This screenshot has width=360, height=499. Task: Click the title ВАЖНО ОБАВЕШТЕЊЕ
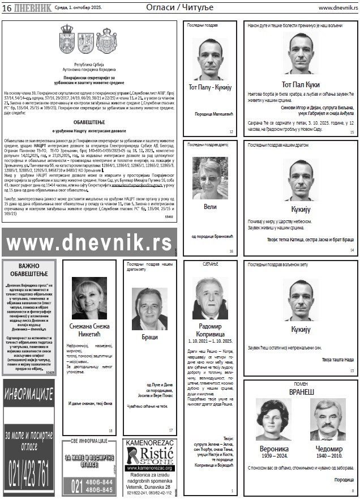pos(29,270)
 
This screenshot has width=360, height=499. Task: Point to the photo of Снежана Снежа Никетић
pos(89,298)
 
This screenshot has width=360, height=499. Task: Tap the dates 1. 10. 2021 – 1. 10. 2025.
pos(209,342)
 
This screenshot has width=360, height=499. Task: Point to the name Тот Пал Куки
pos(301,84)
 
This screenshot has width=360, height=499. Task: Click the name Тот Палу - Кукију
pos(210,87)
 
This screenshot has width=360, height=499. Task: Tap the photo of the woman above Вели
pos(210,178)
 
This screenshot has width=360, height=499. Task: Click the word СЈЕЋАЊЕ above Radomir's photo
pos(209,265)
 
